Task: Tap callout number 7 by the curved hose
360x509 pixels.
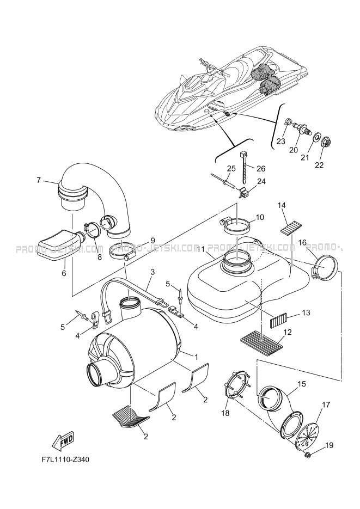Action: pyautogui.click(x=39, y=180)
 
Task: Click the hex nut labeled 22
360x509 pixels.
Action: pyautogui.click(x=324, y=142)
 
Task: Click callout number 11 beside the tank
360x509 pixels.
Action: pyautogui.click(x=200, y=249)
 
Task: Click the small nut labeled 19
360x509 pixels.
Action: pyautogui.click(x=307, y=456)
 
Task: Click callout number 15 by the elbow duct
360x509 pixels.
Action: pyautogui.click(x=302, y=384)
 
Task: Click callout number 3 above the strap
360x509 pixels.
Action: pyautogui.click(x=152, y=272)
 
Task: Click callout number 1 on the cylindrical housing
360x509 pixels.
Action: pyautogui.click(x=196, y=357)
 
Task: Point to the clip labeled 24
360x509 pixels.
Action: pyautogui.click(x=243, y=193)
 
